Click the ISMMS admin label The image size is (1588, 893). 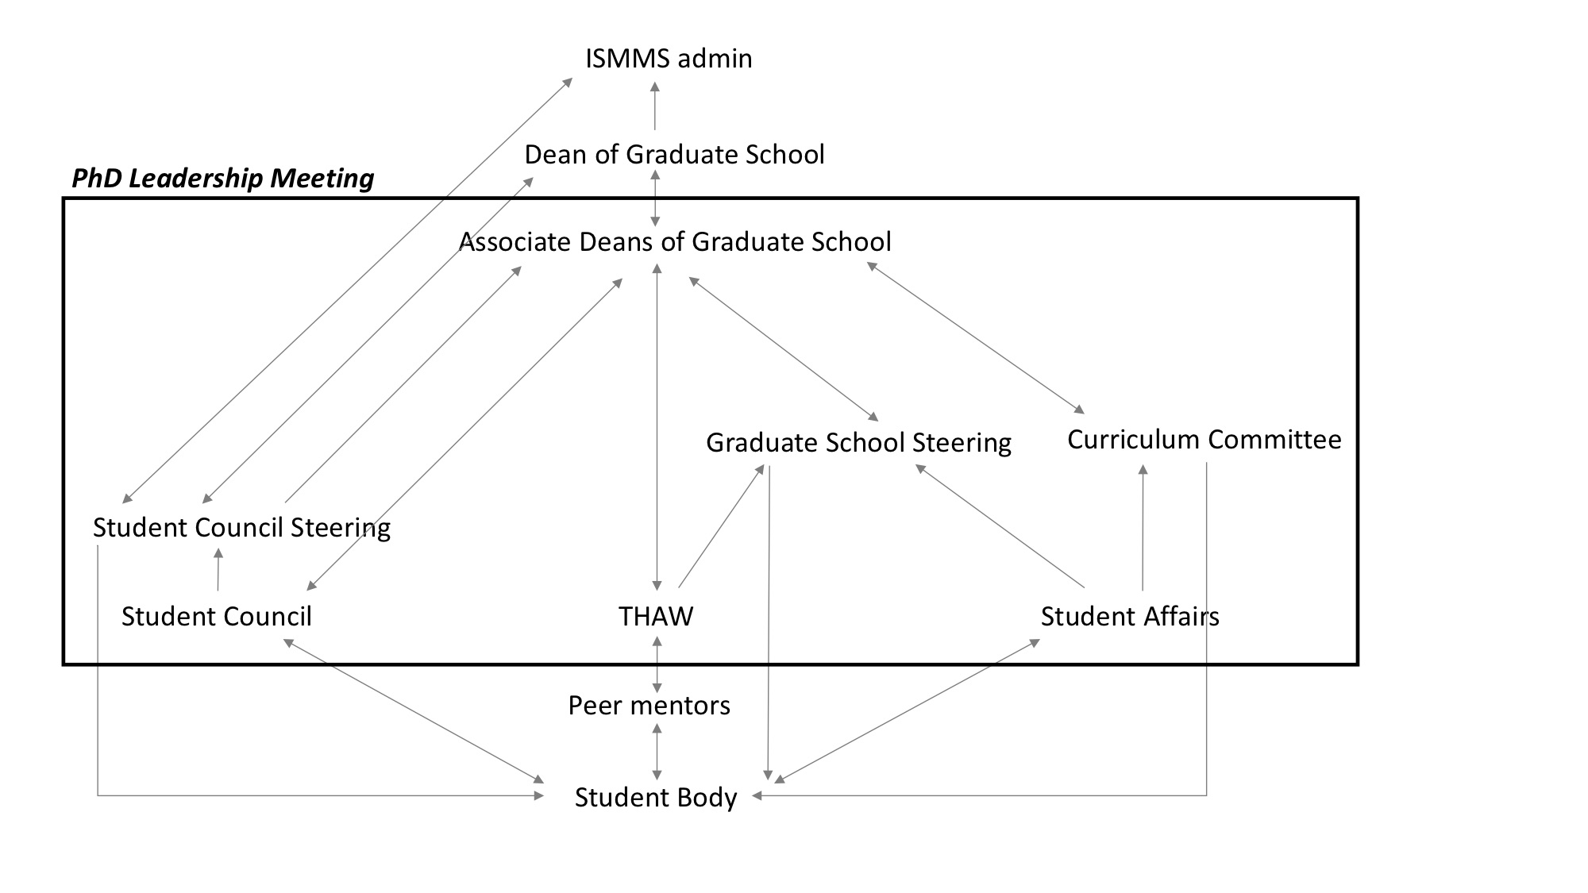tap(669, 59)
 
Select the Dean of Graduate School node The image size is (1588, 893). tap(674, 154)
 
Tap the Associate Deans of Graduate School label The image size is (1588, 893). tap(675, 241)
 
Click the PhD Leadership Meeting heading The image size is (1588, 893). tap(223, 178)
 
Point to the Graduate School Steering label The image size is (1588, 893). tap(858, 442)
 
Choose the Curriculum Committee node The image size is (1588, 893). tap(1204, 439)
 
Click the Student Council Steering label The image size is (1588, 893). tap(241, 527)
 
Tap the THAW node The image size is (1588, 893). tap(656, 616)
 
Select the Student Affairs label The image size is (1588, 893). tap(1130, 616)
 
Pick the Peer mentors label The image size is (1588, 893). tap(649, 705)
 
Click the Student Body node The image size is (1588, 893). tap(656, 797)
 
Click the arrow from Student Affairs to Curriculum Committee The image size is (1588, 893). tap(1143, 528)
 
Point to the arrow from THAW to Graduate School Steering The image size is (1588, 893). tap(721, 526)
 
